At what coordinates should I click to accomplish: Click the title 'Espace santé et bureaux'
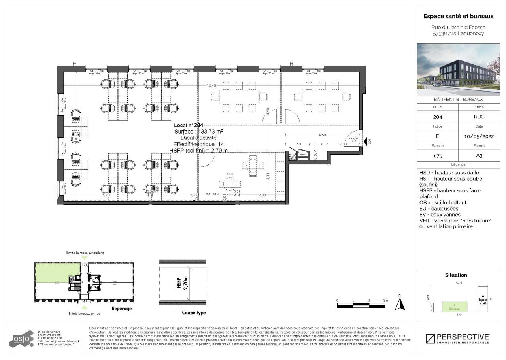click(459, 17)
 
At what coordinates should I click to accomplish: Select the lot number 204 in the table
click(437, 117)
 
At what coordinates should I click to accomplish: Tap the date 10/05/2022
click(479, 136)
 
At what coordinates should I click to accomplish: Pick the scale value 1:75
click(437, 156)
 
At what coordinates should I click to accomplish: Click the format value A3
click(479, 156)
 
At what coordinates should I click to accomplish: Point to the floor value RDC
click(479, 117)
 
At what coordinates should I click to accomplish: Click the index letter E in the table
click(437, 136)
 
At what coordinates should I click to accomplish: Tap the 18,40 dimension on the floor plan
click(211, 85)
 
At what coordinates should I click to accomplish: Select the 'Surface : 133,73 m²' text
click(198, 131)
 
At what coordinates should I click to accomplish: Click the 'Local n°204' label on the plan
click(189, 125)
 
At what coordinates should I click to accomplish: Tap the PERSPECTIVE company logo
click(458, 339)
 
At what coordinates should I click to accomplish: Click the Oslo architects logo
click(22, 339)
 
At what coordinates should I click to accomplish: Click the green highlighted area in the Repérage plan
click(57, 273)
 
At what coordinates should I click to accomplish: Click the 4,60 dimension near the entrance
click(322, 135)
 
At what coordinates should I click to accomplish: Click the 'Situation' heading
click(456, 275)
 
